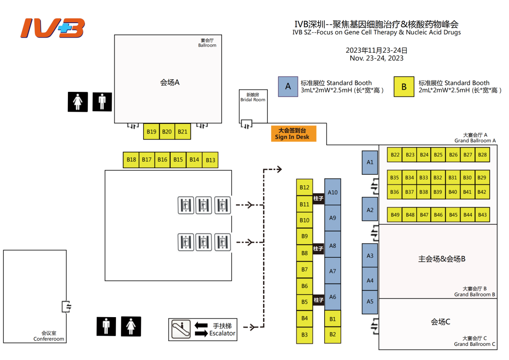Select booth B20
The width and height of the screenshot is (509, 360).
point(167,132)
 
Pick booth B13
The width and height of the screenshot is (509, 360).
point(210,160)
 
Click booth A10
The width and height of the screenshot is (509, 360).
point(333,192)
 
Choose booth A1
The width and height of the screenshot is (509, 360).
point(370,163)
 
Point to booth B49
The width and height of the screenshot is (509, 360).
point(395,215)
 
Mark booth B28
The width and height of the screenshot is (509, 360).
point(482,155)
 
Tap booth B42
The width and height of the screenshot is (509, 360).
point(482,192)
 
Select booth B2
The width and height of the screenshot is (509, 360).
point(333,335)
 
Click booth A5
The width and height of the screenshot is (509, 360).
point(370,302)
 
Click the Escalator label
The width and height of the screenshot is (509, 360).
point(222,333)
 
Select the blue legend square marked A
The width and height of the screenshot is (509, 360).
point(288,87)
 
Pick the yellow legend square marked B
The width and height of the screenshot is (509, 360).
point(404,87)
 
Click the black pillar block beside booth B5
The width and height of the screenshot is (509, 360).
point(319,300)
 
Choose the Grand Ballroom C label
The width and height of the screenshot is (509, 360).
point(475,344)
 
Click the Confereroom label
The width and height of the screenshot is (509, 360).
point(49,339)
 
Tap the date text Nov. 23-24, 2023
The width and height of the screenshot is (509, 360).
point(377,58)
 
